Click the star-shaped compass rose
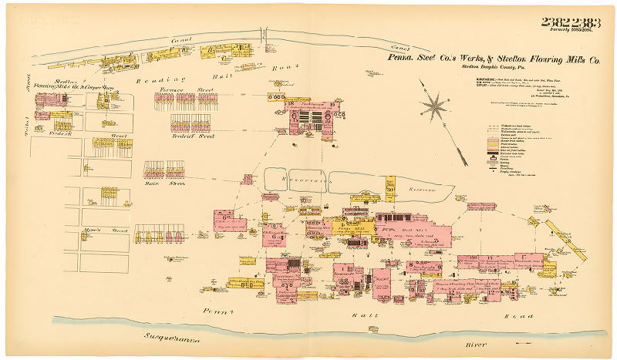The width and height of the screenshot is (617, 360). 437,106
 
